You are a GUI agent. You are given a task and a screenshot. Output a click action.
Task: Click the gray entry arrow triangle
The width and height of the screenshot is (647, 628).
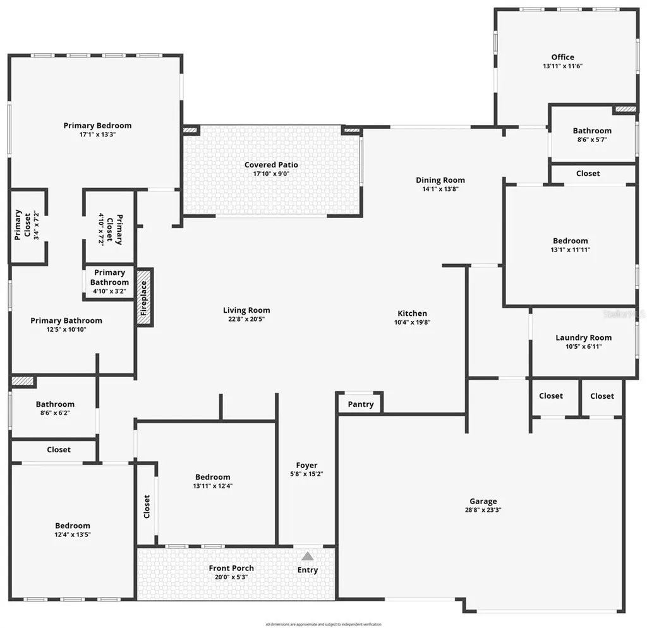click(307, 557)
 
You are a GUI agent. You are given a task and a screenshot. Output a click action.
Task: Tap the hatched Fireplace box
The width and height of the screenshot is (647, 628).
click(145, 297)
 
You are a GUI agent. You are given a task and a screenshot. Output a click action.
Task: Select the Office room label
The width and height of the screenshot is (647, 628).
click(562, 57)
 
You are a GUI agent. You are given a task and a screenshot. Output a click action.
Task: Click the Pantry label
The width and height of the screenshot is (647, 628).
click(361, 404)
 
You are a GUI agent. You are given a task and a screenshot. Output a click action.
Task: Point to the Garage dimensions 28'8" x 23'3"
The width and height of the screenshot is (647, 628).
click(483, 510)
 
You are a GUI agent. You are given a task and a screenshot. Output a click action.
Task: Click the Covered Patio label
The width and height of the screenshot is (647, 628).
click(271, 165)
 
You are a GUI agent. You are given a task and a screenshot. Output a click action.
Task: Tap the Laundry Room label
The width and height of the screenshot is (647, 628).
click(583, 337)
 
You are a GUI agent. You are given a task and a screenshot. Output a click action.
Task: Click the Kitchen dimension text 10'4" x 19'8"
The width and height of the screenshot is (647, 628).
click(412, 322)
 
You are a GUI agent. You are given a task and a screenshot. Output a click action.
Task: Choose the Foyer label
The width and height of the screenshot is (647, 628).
click(307, 465)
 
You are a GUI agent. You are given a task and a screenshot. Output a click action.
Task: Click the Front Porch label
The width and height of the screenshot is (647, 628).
click(231, 569)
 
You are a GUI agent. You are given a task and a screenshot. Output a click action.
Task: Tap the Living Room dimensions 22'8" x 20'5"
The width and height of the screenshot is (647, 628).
click(246, 319)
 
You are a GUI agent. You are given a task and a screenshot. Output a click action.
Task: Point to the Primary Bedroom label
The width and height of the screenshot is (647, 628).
click(97, 126)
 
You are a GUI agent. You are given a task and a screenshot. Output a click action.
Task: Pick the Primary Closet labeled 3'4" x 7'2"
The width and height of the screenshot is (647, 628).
click(22, 226)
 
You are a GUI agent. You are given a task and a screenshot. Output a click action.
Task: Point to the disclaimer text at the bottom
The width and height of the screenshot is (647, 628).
click(323, 624)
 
